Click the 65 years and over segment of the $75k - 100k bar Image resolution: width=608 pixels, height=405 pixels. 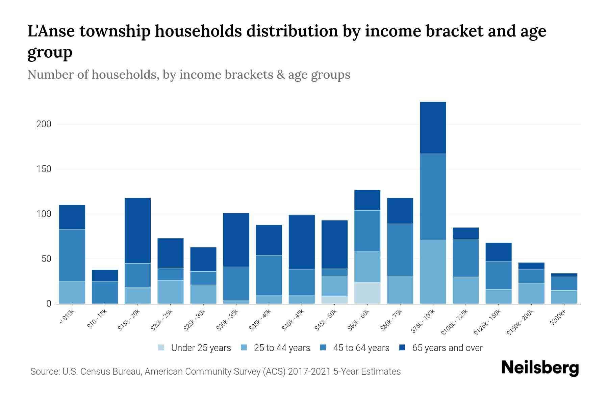433,128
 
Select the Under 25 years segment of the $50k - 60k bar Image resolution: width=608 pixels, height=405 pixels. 367,293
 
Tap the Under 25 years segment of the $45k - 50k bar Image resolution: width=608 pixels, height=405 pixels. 334,300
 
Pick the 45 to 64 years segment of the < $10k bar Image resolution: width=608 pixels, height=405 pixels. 72,255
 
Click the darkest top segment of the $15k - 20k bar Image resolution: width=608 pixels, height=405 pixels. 137,230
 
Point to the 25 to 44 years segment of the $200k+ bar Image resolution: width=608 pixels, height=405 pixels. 564,297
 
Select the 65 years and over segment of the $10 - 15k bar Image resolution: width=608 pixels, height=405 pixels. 105,275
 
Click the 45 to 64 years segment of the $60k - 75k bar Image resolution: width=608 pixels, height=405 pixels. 400,250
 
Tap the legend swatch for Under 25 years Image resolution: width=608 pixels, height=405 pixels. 161,348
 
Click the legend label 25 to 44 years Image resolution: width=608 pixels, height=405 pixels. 282,348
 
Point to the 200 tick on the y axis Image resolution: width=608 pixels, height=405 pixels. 44,124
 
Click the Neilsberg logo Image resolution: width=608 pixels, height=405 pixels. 540,368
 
